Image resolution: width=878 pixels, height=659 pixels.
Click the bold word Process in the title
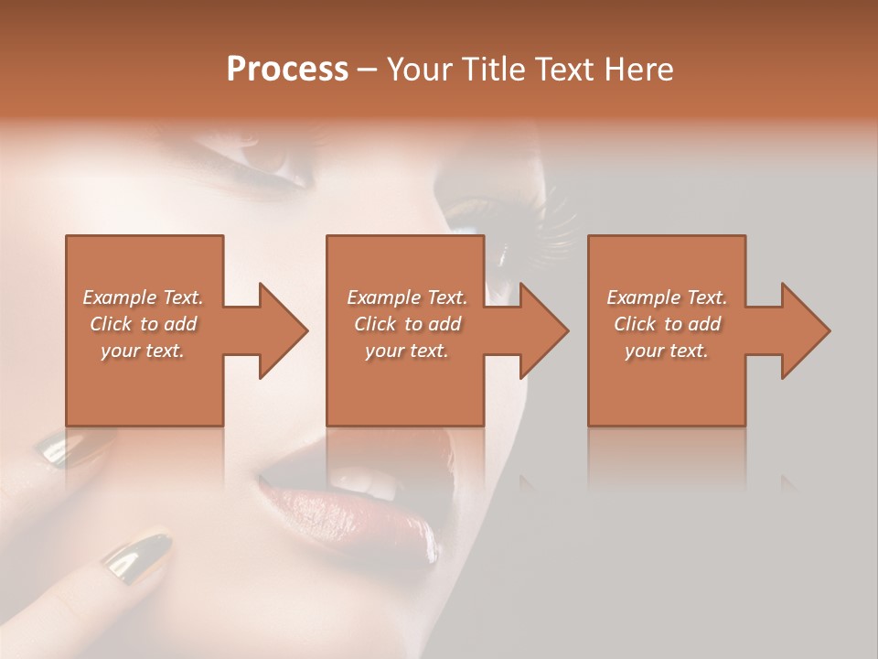(287, 70)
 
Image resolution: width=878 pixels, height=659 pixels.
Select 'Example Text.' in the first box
(143, 297)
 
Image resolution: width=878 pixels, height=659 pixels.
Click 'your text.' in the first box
(143, 351)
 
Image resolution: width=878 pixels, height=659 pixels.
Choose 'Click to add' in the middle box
(407, 324)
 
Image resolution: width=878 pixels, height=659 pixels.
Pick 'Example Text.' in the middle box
(407, 297)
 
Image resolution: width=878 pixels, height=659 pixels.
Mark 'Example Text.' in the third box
(667, 297)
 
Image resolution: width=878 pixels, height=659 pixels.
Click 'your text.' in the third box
(667, 351)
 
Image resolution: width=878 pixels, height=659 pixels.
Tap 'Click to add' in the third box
(667, 324)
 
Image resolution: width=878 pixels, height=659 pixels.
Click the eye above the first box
(265, 165)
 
